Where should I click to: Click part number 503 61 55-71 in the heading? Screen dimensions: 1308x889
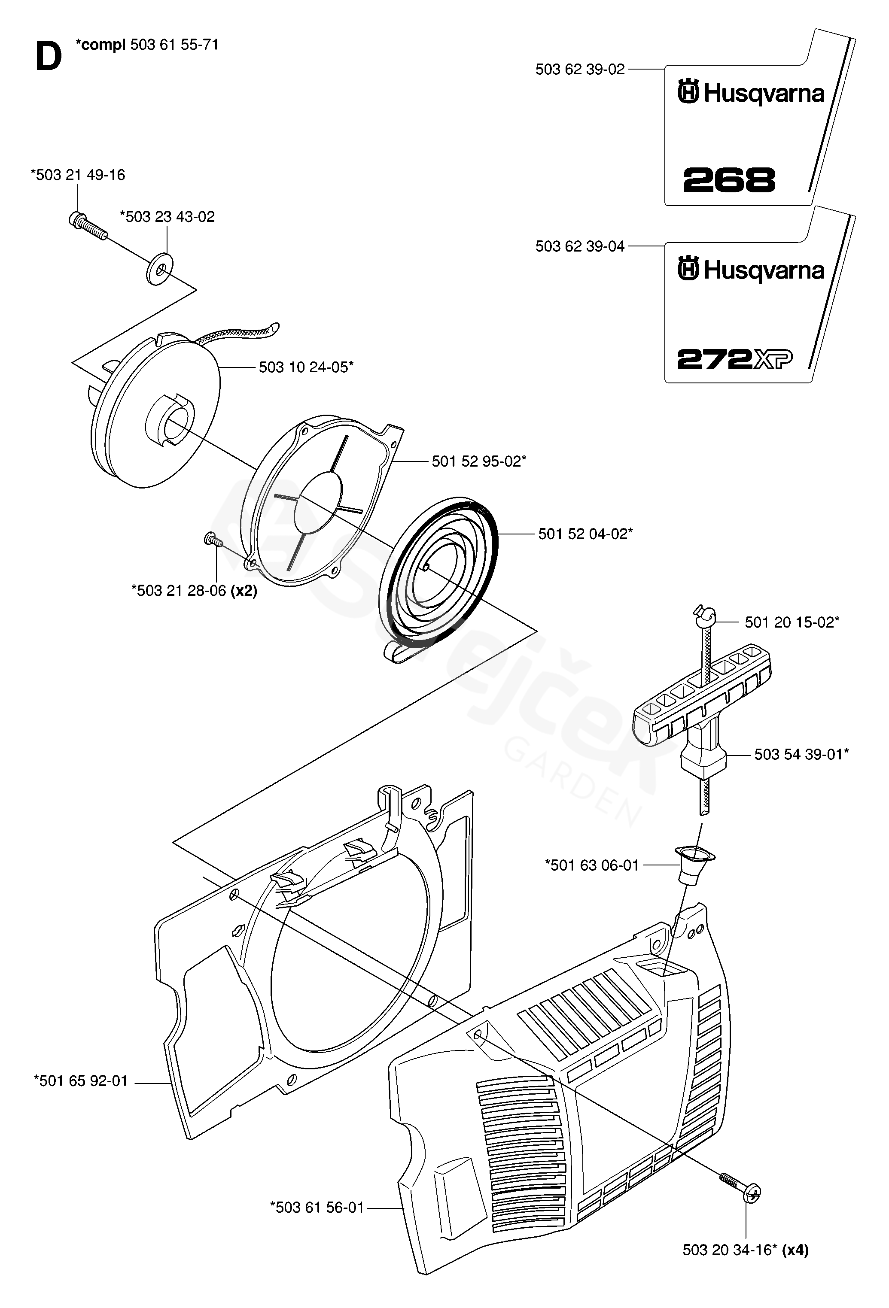click(x=174, y=45)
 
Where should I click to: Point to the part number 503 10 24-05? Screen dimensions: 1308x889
click(x=306, y=367)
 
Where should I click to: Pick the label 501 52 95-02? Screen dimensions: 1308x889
click(x=478, y=461)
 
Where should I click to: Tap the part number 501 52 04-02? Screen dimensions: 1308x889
click(x=585, y=534)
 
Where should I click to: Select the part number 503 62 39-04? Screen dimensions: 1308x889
click(x=580, y=246)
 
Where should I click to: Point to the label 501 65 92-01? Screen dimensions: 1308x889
click(x=81, y=1081)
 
